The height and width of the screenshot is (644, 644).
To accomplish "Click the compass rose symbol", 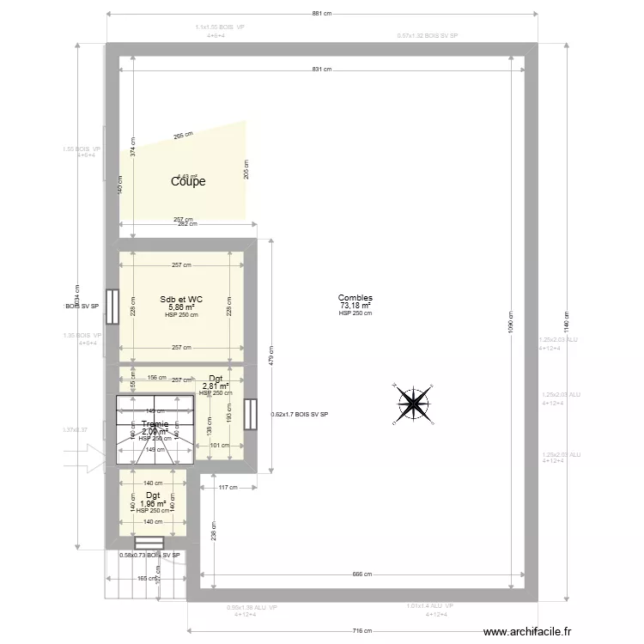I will pyautogui.click(x=415, y=402).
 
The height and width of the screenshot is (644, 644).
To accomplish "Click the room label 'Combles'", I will pyautogui.click(x=355, y=298).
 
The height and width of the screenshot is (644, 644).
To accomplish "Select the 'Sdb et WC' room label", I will pyautogui.click(x=181, y=300).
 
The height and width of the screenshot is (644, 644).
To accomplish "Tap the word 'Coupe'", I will pyautogui.click(x=188, y=181).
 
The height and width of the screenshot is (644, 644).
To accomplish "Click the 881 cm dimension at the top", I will pyautogui.click(x=322, y=15).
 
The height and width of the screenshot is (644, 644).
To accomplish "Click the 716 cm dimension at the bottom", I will pyautogui.click(x=365, y=631).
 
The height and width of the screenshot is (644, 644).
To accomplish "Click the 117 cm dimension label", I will pyautogui.click(x=228, y=488).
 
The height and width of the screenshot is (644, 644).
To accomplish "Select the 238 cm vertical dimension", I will pyautogui.click(x=213, y=532).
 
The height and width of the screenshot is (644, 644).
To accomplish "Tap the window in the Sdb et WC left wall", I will pyautogui.click(x=112, y=301).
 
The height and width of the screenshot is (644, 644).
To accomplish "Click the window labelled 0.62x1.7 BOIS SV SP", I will pyautogui.click(x=251, y=414).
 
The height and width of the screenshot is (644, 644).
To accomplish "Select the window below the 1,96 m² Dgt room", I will pyautogui.click(x=149, y=543).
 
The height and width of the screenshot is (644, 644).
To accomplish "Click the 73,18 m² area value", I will pyautogui.click(x=355, y=306).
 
